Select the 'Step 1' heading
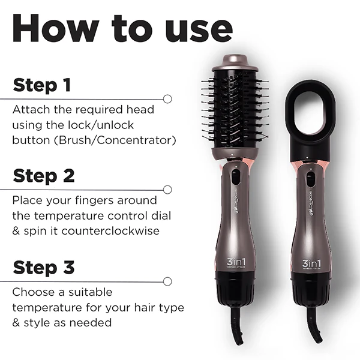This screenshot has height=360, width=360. point(42,85)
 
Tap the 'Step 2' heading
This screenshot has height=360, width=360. point(44,176)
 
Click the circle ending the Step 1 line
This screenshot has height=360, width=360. point(167,98)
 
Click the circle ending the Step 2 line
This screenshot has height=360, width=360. point(167,189)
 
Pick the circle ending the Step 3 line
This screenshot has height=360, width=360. point(167,280)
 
